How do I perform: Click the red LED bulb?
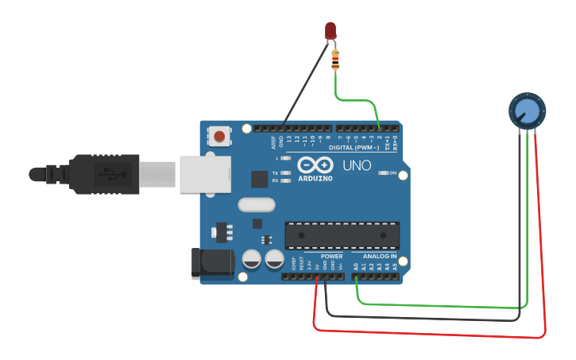[331, 30]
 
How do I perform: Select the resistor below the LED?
[336, 59]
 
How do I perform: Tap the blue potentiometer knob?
[525, 110]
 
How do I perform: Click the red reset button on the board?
[219, 136]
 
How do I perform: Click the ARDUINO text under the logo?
[316, 178]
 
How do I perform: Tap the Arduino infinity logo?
[316, 165]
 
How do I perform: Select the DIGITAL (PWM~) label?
[354, 148]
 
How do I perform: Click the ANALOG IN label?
[380, 256]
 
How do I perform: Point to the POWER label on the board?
[332, 256]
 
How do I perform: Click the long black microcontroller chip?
[342, 235]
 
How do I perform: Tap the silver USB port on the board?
[204, 174]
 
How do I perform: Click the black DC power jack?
[211, 264]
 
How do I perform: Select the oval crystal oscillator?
[256, 205]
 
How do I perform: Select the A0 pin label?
[355, 268]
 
